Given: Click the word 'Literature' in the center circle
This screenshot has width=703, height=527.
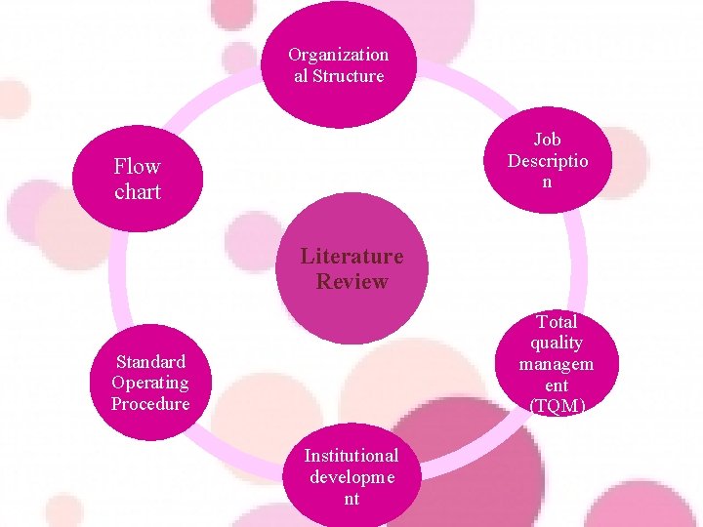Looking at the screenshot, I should pos(351,257).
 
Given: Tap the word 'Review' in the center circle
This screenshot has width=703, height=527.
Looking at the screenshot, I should pos(351,282).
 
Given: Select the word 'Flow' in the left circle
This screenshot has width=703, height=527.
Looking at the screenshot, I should pos(137,167).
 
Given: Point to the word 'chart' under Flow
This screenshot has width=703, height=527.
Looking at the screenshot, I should pos(137,192).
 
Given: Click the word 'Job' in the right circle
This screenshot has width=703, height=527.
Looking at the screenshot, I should pos(547,141).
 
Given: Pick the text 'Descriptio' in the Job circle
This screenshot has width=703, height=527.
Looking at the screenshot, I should pos(548,161).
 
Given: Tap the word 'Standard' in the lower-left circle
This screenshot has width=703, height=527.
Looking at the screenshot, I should pos(150,362).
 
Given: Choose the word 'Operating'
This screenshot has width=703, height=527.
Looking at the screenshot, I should pos(150,383).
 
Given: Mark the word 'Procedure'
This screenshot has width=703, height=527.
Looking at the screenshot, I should pos(150,404).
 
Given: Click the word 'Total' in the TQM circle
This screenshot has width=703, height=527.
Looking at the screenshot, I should pos(558,321).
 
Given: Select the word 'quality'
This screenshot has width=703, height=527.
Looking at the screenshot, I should pos(557,343).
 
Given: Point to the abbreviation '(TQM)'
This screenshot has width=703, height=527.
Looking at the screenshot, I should pos(557,406).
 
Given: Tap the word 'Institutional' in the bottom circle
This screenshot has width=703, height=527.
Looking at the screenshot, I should pos(351,456).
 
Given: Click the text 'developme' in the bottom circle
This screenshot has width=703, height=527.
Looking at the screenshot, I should pos(351,477).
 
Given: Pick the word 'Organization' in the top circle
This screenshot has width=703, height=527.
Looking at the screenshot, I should pos(339,55).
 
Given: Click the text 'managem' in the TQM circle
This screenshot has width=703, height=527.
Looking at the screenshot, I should pos(557,364).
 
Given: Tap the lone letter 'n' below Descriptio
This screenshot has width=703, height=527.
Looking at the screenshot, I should pos(547,182).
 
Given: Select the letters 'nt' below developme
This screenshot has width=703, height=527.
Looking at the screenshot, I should pos(351,499).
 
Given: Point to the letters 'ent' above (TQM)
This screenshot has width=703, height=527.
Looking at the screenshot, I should pos(557,385).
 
